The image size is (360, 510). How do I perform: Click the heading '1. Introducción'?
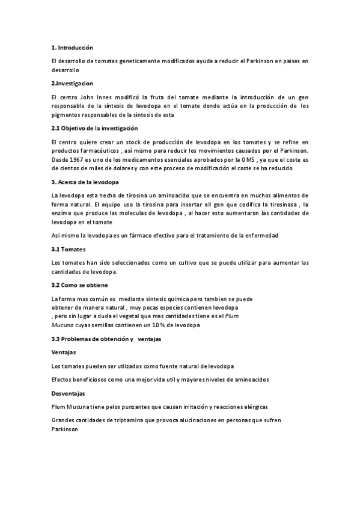[x=72, y=48]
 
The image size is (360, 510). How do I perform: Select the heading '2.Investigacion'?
[x=72, y=82]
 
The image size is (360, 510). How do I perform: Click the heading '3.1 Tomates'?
[x=69, y=249]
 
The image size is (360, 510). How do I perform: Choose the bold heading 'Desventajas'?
[x=69, y=393]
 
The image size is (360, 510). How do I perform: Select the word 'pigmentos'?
[x=67, y=115]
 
